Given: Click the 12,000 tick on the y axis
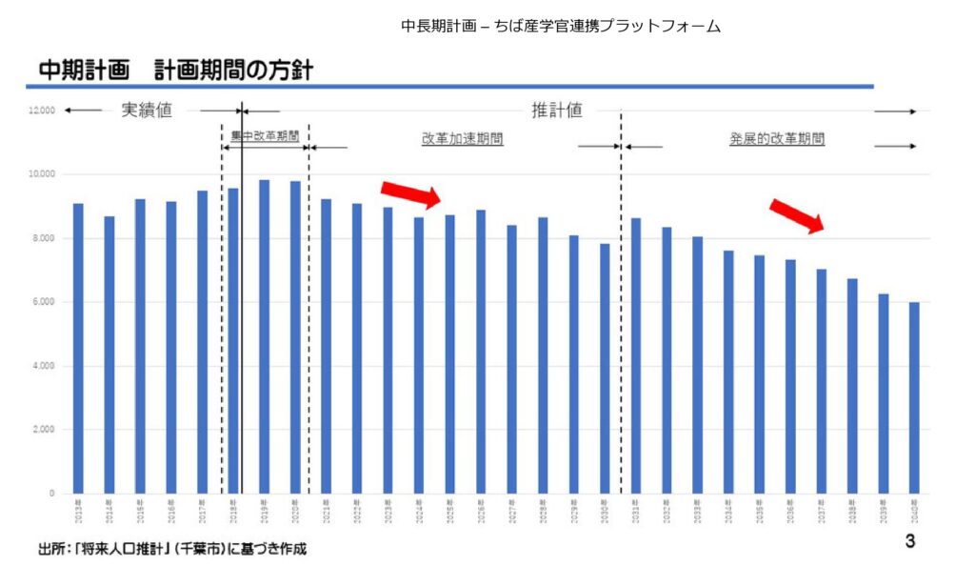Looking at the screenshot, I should click(42, 111).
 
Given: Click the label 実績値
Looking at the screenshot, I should click(147, 111).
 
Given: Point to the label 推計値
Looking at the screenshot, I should click(557, 111).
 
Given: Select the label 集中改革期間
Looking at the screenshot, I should click(265, 137).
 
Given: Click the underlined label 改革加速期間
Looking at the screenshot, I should click(463, 139).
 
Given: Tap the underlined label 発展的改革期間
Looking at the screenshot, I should click(777, 139).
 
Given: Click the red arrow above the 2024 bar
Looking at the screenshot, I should click(410, 192).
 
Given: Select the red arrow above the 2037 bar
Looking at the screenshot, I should click(797, 215).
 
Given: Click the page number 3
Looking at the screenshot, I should click(909, 542).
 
